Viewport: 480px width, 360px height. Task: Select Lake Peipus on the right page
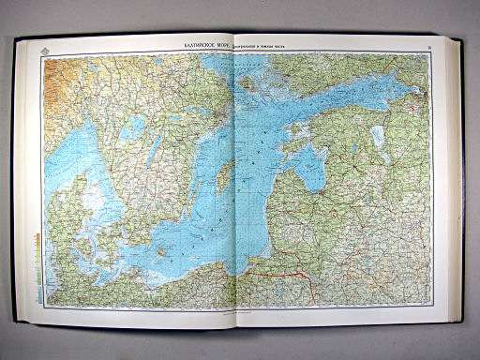click(x=380, y=141)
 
